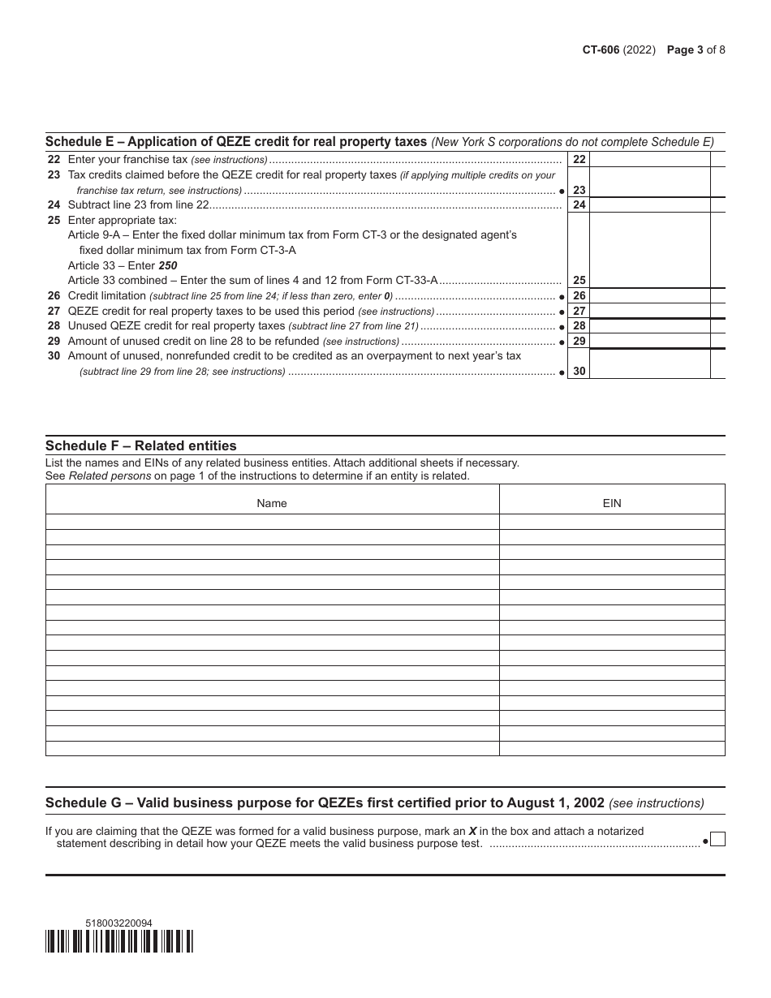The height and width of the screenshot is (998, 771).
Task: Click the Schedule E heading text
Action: tap(236, 141)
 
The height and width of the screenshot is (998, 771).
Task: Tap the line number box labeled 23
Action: tap(579, 190)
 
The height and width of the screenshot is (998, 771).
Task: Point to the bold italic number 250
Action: tap(168, 265)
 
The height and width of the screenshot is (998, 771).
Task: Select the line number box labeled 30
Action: tap(579, 371)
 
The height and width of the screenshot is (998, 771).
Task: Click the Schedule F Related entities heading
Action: tap(141, 445)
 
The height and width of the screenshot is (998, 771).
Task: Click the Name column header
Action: tap(272, 503)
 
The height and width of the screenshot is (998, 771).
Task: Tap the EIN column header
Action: tap(612, 503)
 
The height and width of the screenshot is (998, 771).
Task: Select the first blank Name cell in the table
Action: tap(272, 522)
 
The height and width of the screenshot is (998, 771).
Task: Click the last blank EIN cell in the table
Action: tap(612, 748)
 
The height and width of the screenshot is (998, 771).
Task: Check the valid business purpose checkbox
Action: tap(717, 840)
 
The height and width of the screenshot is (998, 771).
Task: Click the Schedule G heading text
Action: tap(325, 803)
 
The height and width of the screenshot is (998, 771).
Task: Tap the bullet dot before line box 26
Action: tap(562, 297)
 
